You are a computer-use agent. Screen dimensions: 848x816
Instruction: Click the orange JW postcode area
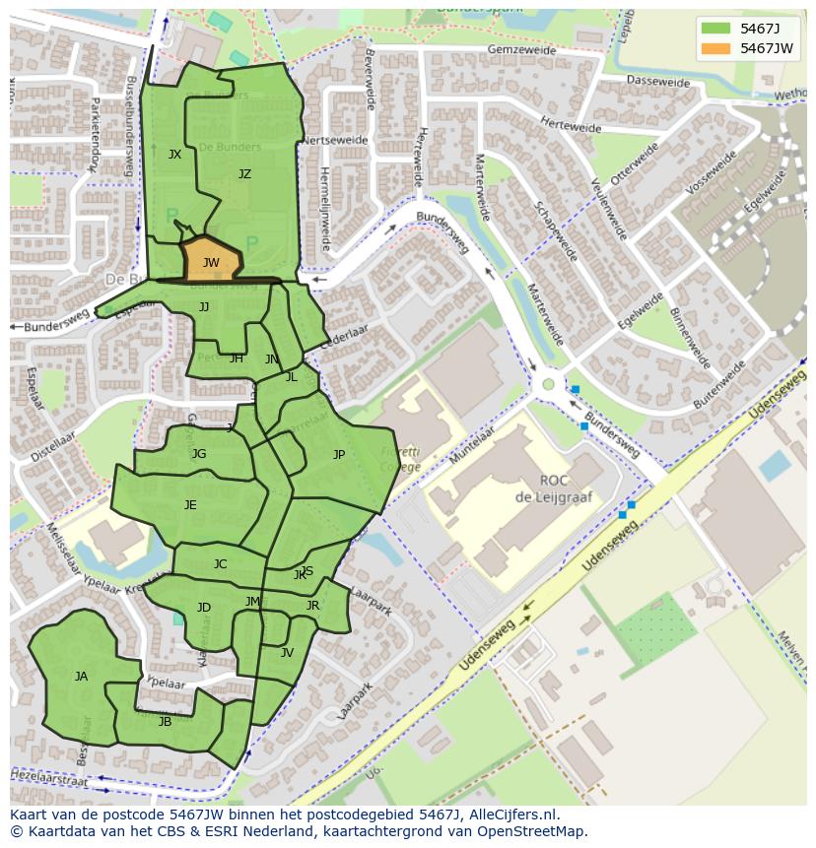[211, 262]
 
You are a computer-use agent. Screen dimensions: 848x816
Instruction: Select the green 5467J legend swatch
[716, 28]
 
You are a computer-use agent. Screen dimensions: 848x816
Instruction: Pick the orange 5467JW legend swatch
[716, 48]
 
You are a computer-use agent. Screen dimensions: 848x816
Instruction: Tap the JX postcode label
[174, 155]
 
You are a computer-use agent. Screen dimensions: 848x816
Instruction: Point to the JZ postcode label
[244, 174]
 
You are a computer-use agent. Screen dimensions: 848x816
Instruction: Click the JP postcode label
[339, 454]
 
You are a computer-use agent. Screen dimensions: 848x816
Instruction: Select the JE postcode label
[190, 504]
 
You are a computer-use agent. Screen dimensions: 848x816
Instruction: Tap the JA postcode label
[81, 676]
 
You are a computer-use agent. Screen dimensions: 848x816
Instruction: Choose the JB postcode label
[165, 721]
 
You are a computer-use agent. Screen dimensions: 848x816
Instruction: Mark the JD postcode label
[203, 607]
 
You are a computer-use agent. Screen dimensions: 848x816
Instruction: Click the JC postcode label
[220, 564]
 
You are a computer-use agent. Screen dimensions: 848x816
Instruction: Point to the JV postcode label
[287, 652]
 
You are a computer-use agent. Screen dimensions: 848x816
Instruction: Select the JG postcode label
[199, 454]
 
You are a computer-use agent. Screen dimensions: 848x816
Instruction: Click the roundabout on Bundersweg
[548, 384]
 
